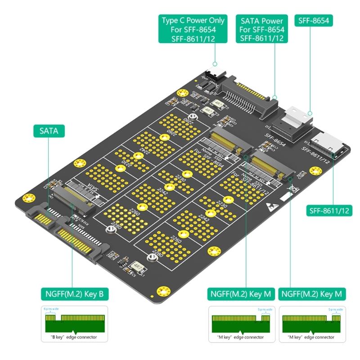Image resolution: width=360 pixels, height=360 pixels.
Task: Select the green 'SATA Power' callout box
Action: pos(261,29)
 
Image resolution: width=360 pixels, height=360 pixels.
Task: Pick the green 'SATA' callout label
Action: pos(49,131)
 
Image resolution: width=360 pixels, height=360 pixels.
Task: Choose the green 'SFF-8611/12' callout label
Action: pos(329,210)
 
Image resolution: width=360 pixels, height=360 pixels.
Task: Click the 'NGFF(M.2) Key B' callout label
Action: pos(75,294)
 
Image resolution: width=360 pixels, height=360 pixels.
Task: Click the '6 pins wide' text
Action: pos(50,309)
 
